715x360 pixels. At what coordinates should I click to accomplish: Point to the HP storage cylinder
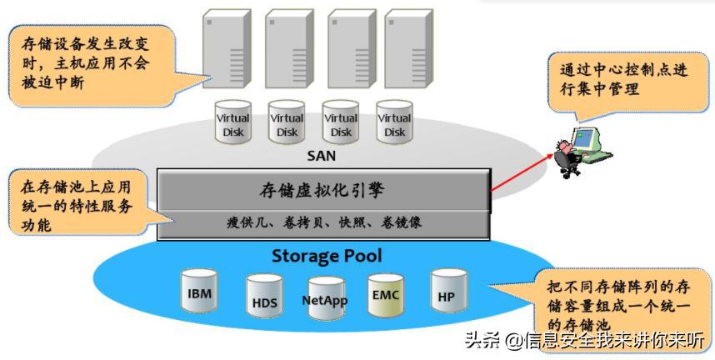tap(446, 292)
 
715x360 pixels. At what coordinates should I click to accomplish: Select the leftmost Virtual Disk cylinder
tap(233, 122)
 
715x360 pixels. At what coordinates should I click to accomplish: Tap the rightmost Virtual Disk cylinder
tap(394, 122)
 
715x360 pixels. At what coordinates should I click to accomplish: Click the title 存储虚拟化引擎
tap(322, 191)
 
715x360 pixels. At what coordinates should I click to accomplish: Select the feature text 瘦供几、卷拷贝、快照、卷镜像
tap(322, 223)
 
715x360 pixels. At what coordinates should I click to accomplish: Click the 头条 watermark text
tap(583, 340)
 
